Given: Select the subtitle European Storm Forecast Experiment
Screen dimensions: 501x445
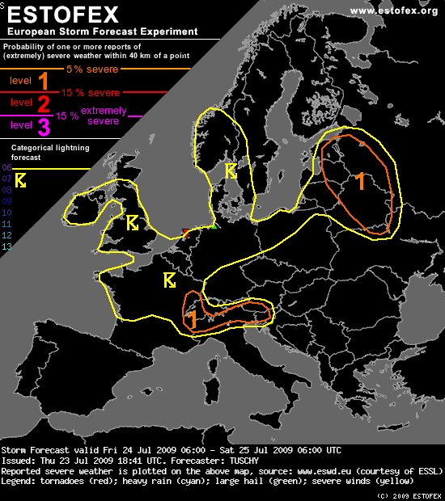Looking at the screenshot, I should click(x=101, y=32).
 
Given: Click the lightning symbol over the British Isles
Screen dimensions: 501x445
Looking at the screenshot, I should click(x=133, y=222).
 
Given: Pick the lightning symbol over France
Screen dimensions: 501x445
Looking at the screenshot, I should click(x=170, y=280).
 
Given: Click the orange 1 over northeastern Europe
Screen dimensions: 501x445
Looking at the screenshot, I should click(x=360, y=183).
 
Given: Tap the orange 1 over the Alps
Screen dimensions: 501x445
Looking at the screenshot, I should click(x=193, y=319).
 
